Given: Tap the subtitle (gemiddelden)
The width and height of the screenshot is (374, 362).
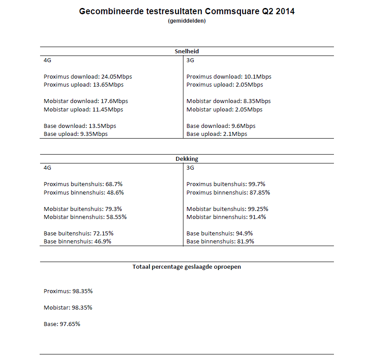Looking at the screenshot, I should [187, 21].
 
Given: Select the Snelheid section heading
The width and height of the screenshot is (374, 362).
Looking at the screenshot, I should [187, 51].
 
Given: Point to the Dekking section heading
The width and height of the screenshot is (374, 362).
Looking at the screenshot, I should [187, 159].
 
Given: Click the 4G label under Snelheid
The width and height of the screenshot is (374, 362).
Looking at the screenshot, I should [48, 60].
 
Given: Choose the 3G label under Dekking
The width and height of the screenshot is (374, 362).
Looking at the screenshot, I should [190, 167].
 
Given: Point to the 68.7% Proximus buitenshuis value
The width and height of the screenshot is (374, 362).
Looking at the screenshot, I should [114, 184].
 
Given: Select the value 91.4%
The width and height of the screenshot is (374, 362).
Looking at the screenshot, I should [258, 217].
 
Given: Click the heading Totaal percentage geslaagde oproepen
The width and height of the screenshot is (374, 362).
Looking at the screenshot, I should [187, 267].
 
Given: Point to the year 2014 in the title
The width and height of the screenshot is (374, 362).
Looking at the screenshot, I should [285, 12].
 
